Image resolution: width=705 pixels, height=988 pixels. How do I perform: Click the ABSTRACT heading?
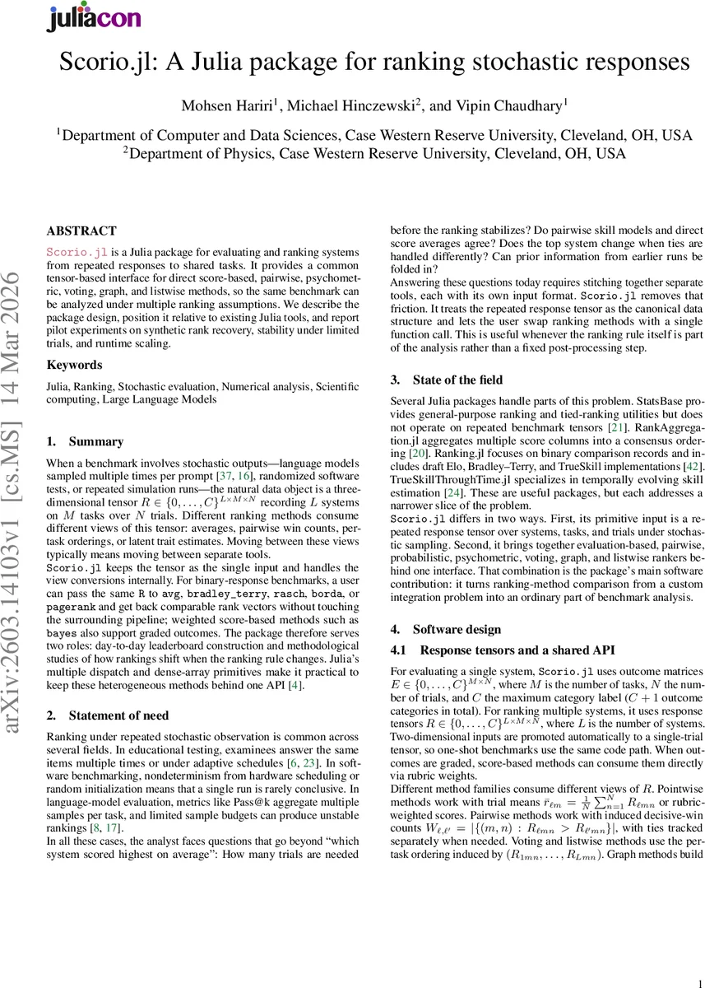pyautogui.click(x=81, y=231)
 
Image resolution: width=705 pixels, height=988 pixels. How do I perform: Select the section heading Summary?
pyautogui.click(x=96, y=441)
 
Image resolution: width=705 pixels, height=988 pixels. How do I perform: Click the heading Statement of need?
pyautogui.click(x=119, y=715)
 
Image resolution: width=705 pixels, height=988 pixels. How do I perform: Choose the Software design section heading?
pyautogui.click(x=457, y=629)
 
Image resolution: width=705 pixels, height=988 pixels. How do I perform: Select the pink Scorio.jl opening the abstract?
pyautogui.click(x=77, y=251)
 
